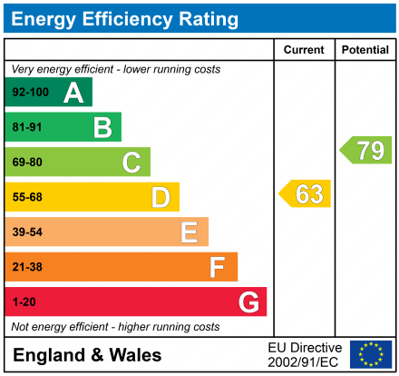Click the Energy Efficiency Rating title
coord(126,18)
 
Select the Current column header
coord(304,50)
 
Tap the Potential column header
coord(365,50)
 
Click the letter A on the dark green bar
coord(73,93)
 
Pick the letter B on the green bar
coord(102,127)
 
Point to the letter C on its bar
coord(131,163)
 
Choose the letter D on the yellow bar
coord(161,197)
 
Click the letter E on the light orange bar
coord(189,233)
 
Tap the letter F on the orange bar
coord(218,267)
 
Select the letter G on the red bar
coord(248,302)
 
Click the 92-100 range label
coord(29,93)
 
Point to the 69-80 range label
coord(27,163)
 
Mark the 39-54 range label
coord(27,233)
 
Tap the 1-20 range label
coord(24,302)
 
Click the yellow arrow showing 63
coord(306,194)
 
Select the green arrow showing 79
coord(365,150)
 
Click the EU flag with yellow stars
coord(371,354)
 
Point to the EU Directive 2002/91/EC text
coord(305,354)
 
